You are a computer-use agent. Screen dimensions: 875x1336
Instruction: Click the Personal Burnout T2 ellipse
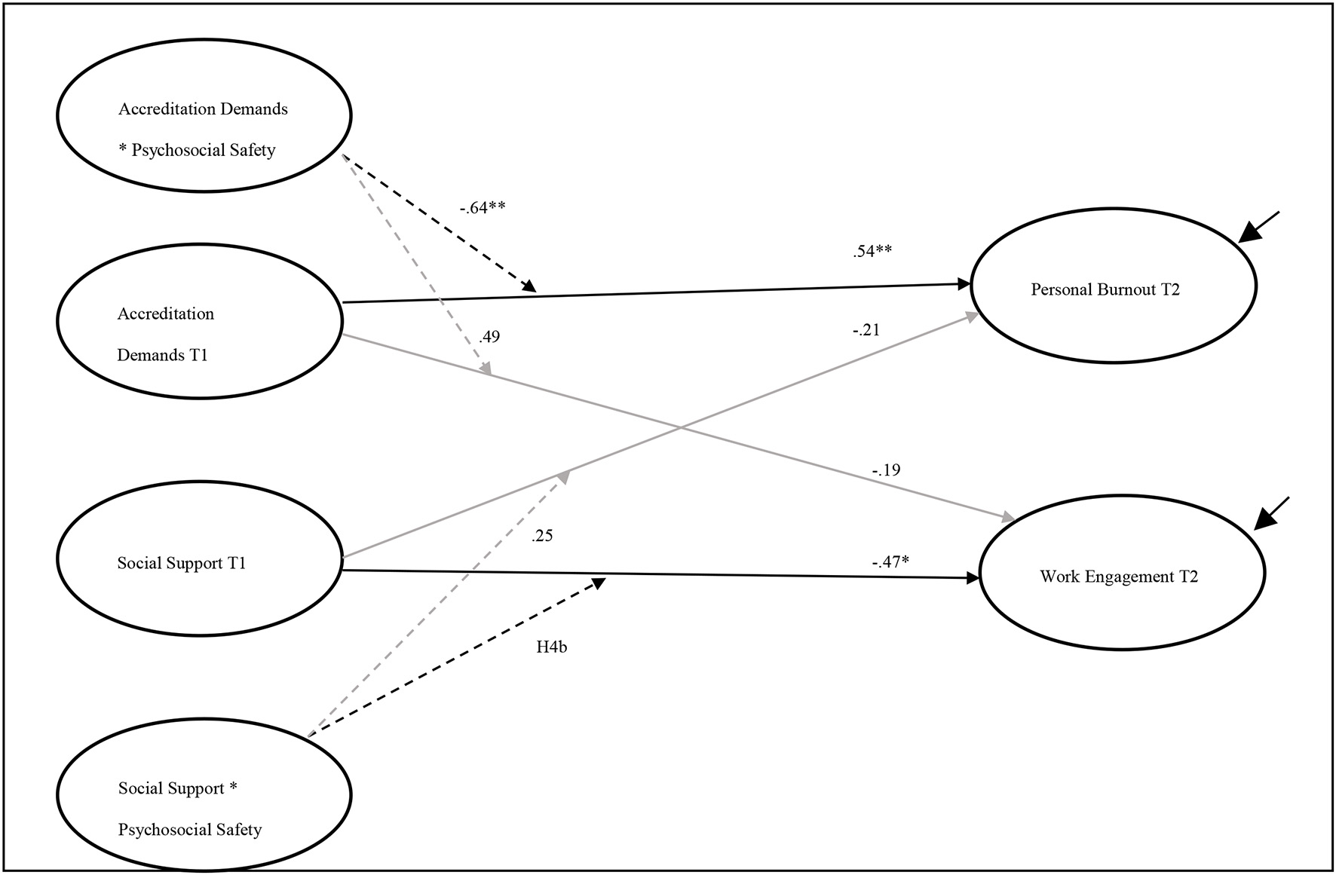tap(1114, 286)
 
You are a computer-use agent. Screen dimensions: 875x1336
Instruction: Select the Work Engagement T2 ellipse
tap(1121, 573)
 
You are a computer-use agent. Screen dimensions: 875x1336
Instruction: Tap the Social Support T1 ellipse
tap(201, 558)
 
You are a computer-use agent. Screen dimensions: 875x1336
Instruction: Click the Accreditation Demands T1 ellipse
tap(201, 321)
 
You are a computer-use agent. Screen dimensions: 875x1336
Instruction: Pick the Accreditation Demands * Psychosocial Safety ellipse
tap(204, 116)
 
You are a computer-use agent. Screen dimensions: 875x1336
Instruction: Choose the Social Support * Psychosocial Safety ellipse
tap(204, 794)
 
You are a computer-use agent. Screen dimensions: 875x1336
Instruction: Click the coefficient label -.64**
tap(483, 208)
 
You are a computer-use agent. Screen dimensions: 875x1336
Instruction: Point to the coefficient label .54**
tap(872, 252)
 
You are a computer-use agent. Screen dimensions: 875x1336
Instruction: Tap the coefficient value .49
tap(489, 337)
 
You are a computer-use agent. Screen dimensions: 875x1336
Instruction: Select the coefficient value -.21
tap(866, 330)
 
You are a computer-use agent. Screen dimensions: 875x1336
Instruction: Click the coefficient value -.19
tap(887, 470)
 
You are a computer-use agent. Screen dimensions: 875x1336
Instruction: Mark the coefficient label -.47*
tap(890, 561)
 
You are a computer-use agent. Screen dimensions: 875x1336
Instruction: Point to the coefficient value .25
tap(542, 536)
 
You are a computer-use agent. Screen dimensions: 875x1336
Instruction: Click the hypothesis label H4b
tap(551, 647)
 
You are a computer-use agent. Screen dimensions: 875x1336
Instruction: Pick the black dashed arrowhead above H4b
tap(599, 583)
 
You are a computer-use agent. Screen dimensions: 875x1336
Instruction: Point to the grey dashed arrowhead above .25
tap(563, 477)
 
